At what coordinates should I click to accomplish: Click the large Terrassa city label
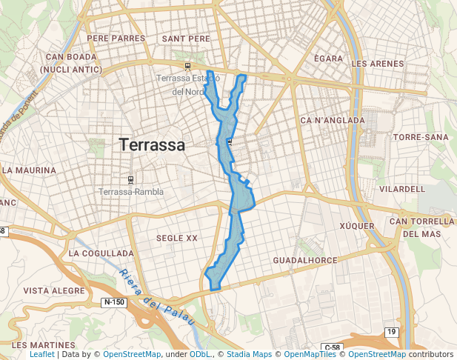click(152, 144)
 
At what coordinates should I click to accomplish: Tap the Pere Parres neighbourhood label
click(116, 38)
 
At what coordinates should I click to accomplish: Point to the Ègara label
click(328, 58)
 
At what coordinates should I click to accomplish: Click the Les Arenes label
click(378, 64)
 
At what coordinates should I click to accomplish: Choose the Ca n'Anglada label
click(333, 120)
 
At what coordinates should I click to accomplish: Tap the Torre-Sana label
click(421, 138)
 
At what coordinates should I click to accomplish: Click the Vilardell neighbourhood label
click(402, 189)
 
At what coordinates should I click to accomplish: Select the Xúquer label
click(357, 225)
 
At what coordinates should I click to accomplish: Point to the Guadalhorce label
click(305, 261)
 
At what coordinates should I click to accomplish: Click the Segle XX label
click(177, 238)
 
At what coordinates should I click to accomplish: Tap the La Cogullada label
click(101, 253)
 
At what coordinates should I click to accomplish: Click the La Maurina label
click(30, 170)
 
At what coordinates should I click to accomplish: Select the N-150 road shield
click(113, 302)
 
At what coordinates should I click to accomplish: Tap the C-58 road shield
click(331, 347)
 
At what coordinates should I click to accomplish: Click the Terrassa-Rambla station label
click(131, 192)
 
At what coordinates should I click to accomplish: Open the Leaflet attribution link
click(41, 355)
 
